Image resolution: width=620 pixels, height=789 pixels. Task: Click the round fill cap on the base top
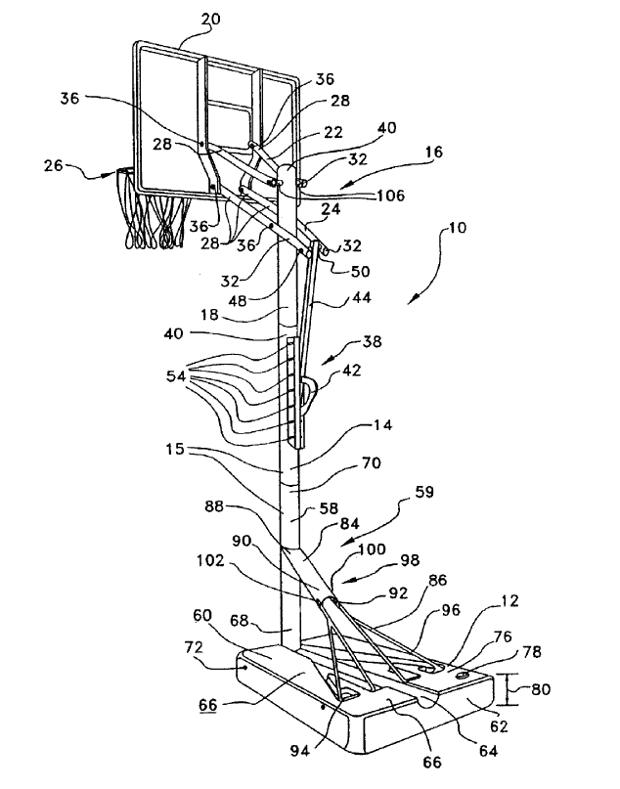[x=463, y=673]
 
